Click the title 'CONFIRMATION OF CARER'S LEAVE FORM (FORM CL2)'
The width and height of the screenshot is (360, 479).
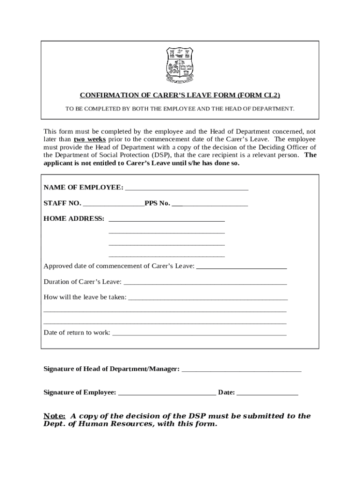tap(180, 95)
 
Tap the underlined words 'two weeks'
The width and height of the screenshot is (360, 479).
tap(89, 139)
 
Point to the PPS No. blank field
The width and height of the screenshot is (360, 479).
tap(210, 204)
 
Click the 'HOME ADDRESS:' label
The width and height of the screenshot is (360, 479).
tap(74, 218)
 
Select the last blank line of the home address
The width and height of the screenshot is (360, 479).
tap(166, 255)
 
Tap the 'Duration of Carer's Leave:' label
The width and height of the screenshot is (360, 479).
tap(82, 282)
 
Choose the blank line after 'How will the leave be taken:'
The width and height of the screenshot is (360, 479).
tap(208, 298)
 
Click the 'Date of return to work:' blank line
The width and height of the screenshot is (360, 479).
tap(200, 334)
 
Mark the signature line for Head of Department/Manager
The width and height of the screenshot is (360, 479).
tap(241, 370)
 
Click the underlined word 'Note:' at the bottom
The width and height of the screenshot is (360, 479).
tap(54, 416)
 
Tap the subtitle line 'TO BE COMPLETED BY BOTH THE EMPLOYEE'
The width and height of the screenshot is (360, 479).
tap(180, 109)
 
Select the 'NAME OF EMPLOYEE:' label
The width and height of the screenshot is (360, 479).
tap(83, 188)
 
